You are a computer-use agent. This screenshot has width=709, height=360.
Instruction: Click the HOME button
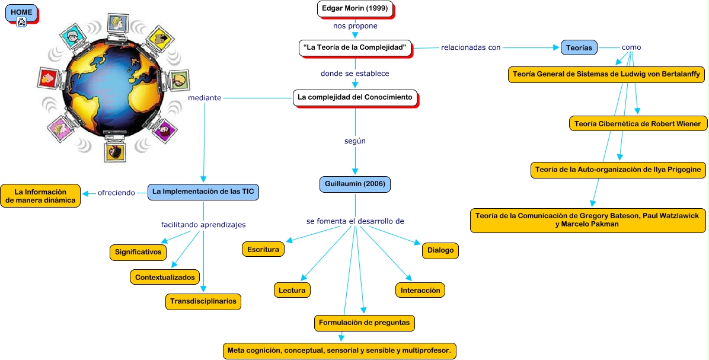[21, 12]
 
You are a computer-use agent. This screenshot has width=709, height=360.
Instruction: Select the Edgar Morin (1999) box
[354, 9]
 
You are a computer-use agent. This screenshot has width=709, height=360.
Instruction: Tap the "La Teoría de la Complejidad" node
[354, 48]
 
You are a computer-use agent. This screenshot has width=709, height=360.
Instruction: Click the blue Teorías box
[579, 48]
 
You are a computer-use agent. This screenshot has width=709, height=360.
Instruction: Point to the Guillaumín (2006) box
[354, 184]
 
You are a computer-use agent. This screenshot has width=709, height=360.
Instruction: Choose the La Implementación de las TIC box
[203, 192]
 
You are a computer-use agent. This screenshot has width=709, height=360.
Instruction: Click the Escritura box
[263, 249]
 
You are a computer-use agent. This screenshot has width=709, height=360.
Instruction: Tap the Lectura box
[292, 290]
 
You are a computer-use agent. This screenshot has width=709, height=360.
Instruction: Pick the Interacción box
[420, 290]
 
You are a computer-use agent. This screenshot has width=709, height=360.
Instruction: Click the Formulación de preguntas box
[364, 323]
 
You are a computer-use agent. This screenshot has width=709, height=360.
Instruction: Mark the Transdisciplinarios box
[203, 301]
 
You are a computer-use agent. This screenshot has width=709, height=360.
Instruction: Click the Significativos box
[138, 252]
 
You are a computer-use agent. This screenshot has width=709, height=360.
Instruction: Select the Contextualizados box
[164, 277]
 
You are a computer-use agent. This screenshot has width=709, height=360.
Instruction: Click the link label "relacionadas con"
[471, 47]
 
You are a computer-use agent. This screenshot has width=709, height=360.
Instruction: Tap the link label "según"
[354, 141]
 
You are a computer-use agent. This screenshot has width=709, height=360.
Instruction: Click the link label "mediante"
[204, 98]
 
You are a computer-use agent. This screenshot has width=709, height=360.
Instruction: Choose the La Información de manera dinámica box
[40, 196]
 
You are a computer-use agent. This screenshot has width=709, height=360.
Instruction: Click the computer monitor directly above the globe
[117, 22]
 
